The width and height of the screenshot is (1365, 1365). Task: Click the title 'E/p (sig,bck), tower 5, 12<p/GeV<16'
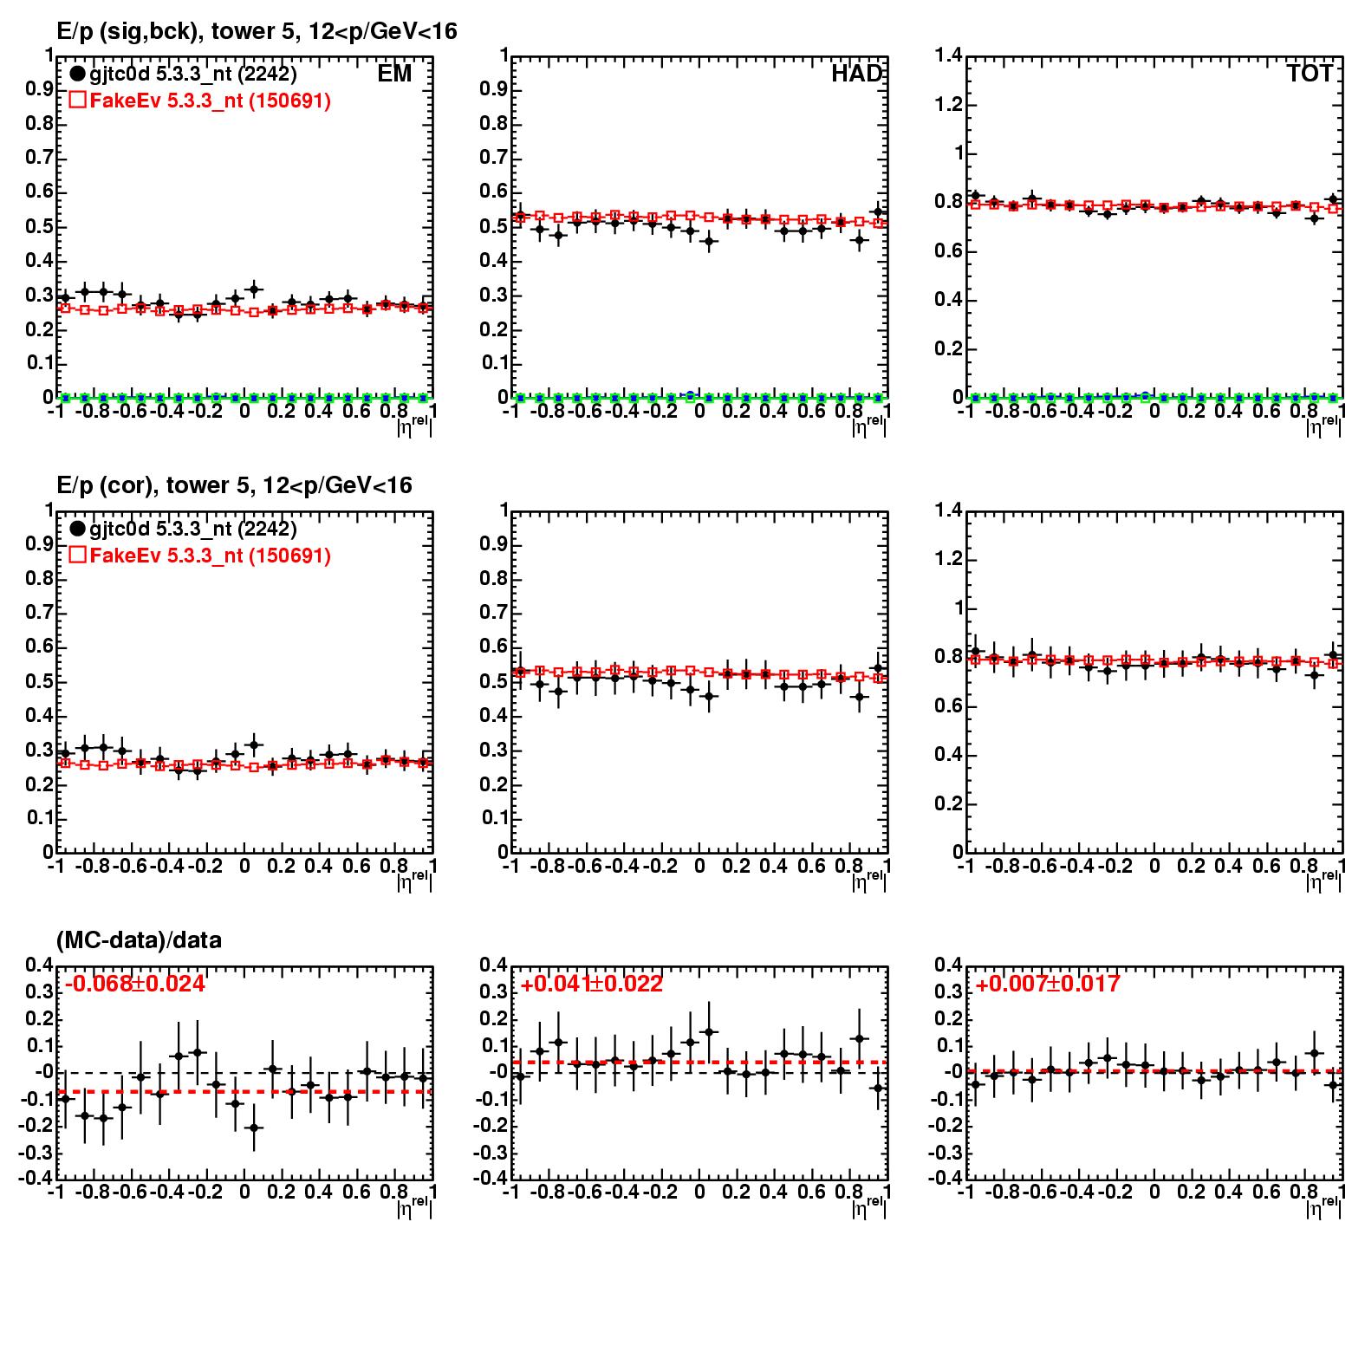[257, 32]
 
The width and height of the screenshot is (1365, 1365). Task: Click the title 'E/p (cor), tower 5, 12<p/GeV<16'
[234, 485]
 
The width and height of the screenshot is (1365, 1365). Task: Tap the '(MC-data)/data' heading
[139, 940]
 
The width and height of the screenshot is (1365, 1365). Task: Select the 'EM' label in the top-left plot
[394, 75]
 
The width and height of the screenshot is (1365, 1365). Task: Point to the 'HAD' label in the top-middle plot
[856, 75]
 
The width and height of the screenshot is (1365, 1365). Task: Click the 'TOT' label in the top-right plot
[1310, 75]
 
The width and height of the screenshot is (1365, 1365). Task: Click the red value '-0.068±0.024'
[135, 985]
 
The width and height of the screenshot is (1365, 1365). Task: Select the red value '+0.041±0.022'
[591, 985]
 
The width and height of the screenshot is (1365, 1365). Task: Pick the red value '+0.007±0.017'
[1047, 985]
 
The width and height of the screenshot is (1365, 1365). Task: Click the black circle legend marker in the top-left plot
[77, 75]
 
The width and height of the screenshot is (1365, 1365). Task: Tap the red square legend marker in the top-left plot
[77, 101]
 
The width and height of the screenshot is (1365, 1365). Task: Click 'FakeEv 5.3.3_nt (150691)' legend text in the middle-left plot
[210, 556]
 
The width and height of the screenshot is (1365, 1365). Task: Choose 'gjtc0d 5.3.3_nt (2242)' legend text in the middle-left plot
[192, 529]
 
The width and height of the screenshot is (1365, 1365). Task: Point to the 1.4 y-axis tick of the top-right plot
[949, 56]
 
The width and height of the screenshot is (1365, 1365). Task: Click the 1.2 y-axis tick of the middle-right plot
[949, 559]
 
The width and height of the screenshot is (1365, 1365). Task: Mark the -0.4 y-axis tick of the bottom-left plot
[38, 1179]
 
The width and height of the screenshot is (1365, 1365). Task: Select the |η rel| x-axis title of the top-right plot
[1323, 425]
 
